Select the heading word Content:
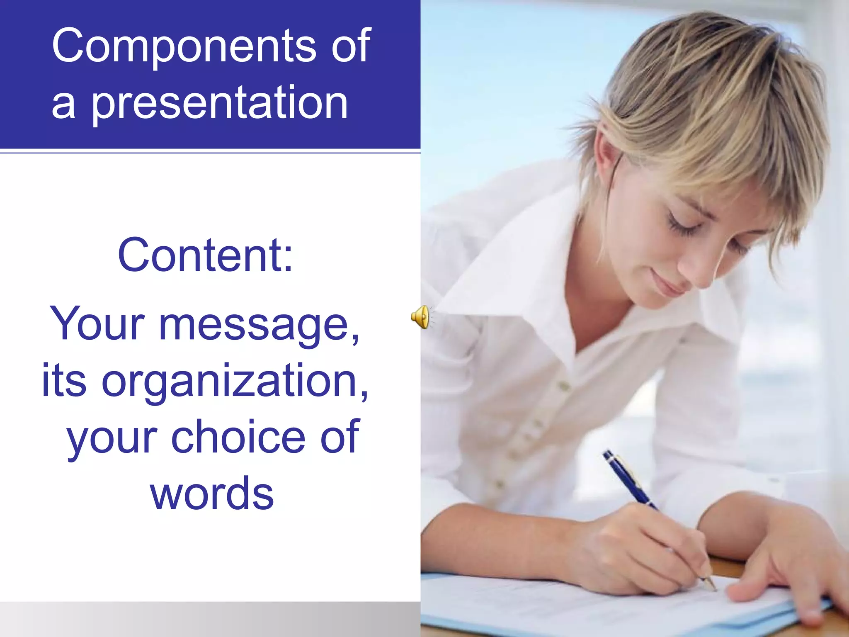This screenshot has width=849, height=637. tap(205, 255)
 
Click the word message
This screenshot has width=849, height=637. tap(259, 326)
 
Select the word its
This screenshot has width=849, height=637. tap(64, 380)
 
